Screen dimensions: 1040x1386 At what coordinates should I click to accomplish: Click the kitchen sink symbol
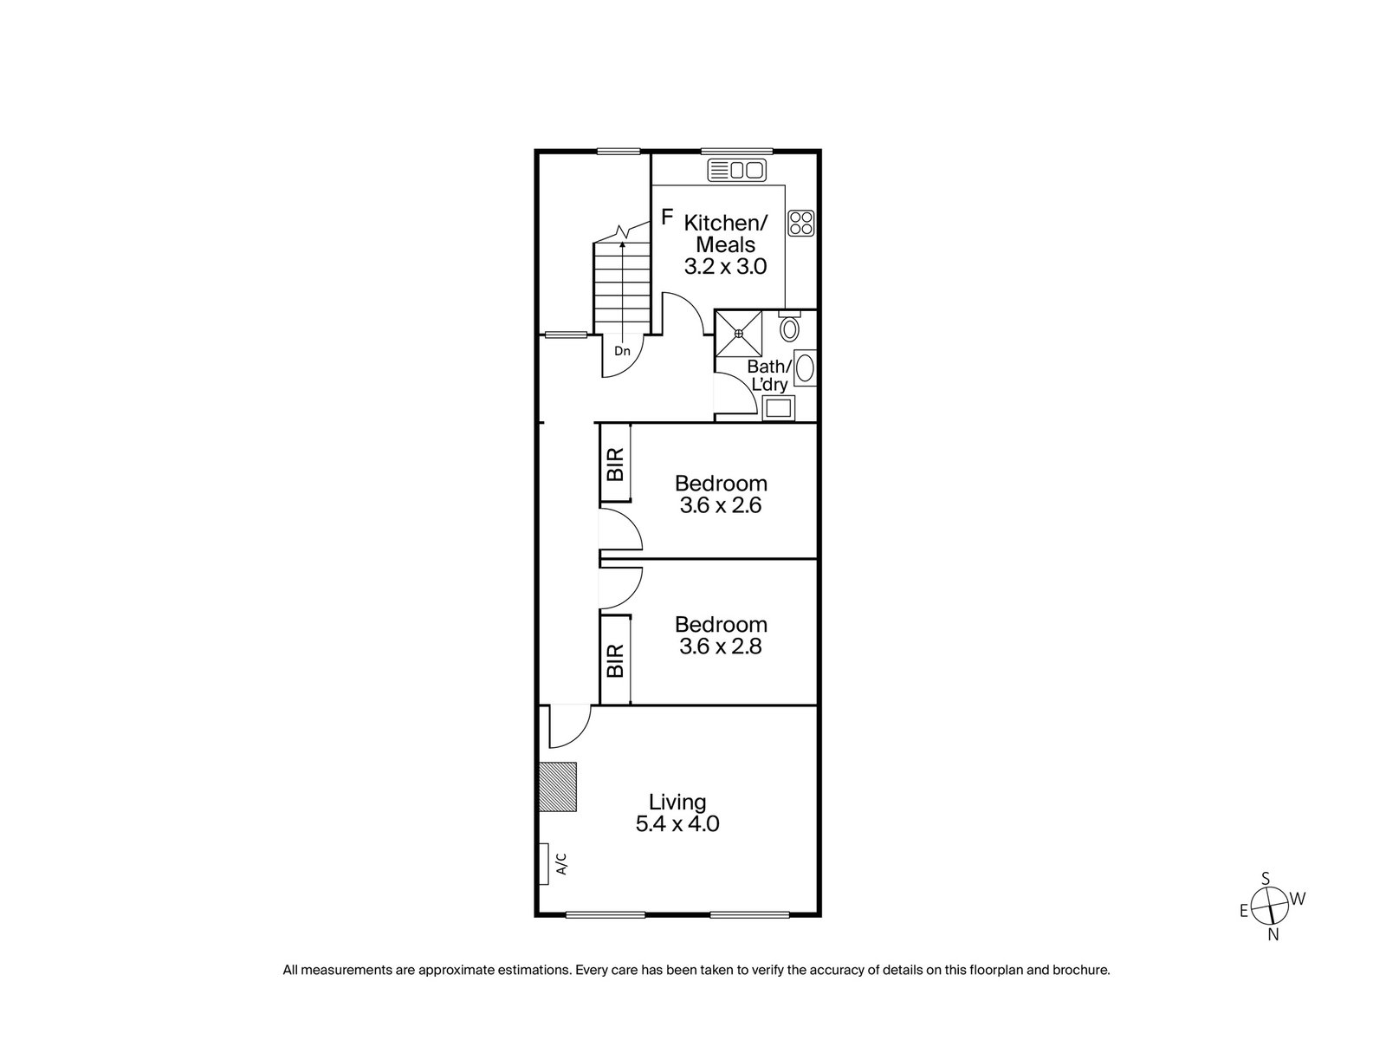click(736, 171)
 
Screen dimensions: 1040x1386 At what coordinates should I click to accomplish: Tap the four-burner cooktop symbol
click(801, 224)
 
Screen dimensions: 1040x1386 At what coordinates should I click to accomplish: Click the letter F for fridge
click(667, 217)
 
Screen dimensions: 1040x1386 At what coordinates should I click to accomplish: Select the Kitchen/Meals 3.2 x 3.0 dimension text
click(725, 267)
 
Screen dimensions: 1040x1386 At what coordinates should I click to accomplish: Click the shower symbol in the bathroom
click(738, 333)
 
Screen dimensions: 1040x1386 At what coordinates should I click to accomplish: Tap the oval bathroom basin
click(805, 368)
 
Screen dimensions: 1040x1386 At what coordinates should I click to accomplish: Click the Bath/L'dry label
click(768, 375)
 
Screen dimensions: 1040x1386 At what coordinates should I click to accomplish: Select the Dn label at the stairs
click(621, 351)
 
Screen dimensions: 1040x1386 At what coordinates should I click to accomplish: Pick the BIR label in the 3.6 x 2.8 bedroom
click(615, 660)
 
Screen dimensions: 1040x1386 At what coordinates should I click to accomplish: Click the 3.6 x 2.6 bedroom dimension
click(721, 505)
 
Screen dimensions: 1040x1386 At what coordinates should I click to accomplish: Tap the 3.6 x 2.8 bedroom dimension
click(721, 647)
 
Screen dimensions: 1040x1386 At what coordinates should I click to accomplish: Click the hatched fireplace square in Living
click(557, 787)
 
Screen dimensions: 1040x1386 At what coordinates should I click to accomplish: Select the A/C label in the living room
click(560, 864)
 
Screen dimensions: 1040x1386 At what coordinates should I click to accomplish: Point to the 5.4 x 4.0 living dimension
click(677, 823)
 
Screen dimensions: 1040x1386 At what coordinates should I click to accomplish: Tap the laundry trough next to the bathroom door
click(777, 408)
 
